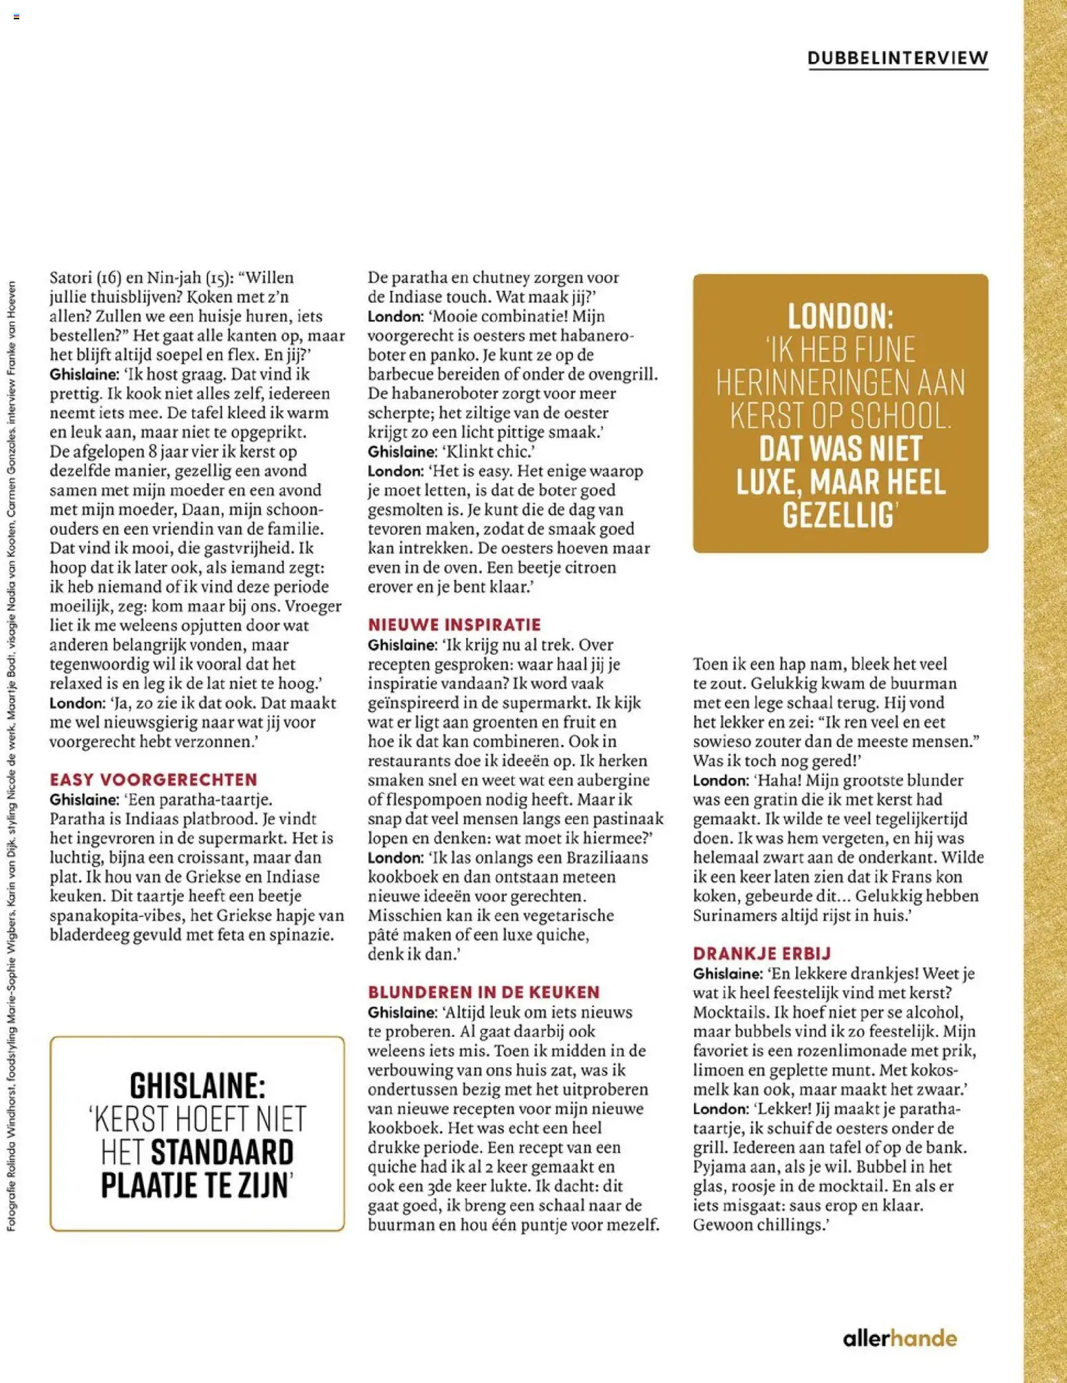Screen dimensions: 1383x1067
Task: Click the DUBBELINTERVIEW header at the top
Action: [898, 58]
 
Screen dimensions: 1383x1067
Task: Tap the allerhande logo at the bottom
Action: [900, 1338]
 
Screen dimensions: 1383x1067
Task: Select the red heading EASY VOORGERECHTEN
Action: [154, 779]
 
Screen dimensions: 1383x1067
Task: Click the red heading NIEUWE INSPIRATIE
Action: [454, 624]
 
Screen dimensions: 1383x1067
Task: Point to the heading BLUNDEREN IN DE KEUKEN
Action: [483, 992]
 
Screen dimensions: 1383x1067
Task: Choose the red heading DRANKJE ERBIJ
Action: [762, 953]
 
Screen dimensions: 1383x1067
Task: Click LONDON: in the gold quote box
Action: [840, 317]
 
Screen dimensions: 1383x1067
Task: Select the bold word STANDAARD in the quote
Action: [222, 1152]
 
